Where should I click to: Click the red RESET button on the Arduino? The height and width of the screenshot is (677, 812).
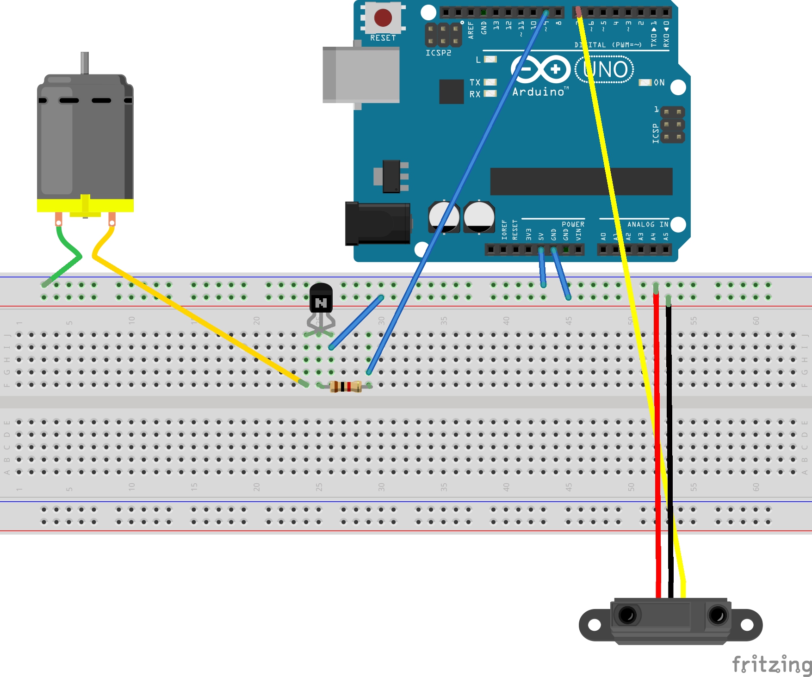click(383, 18)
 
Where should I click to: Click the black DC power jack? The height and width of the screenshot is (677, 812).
click(378, 223)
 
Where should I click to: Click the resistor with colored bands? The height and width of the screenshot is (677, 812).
click(346, 387)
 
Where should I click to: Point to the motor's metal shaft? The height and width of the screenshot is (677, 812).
click(85, 62)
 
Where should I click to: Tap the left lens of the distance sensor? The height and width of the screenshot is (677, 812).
click(627, 615)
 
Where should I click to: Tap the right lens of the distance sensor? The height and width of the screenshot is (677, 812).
click(718, 615)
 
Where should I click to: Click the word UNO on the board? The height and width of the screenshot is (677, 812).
click(605, 70)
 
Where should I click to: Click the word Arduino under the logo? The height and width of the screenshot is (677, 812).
click(539, 92)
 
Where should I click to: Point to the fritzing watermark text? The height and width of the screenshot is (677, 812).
click(772, 665)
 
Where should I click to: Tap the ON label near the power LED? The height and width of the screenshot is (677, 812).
click(659, 83)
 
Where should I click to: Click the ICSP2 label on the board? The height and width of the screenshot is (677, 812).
click(438, 53)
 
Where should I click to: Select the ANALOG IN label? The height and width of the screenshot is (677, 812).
click(647, 224)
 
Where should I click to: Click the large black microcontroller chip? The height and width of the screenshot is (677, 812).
click(581, 181)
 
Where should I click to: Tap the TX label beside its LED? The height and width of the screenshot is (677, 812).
click(475, 82)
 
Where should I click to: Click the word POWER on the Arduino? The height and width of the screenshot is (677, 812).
click(573, 224)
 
